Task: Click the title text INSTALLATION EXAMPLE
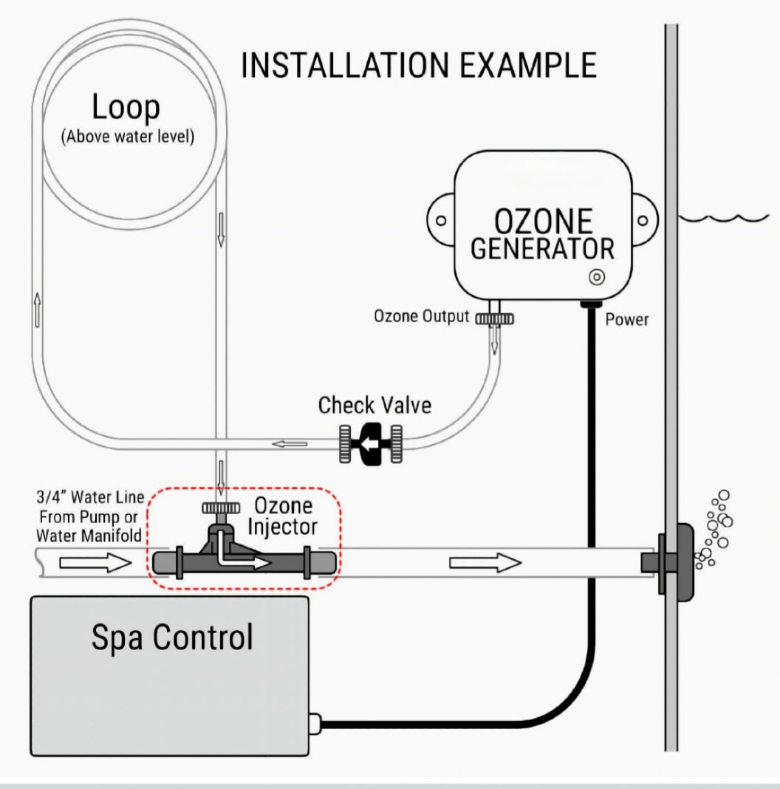pos(418,66)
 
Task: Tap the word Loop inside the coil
pos(126,108)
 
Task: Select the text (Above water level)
pos(127,137)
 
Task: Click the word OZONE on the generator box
pos(543,222)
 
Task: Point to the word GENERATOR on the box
pos(542,248)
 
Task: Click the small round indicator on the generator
pos(596,277)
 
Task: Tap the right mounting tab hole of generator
pos(644,220)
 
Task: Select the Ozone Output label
pos(421,317)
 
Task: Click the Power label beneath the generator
pos(627,320)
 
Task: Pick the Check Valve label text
pos(374,405)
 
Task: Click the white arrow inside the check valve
pos(370,444)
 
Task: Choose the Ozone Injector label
pos(284,516)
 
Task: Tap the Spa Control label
pos(172,637)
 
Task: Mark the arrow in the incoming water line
pos(94,564)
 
